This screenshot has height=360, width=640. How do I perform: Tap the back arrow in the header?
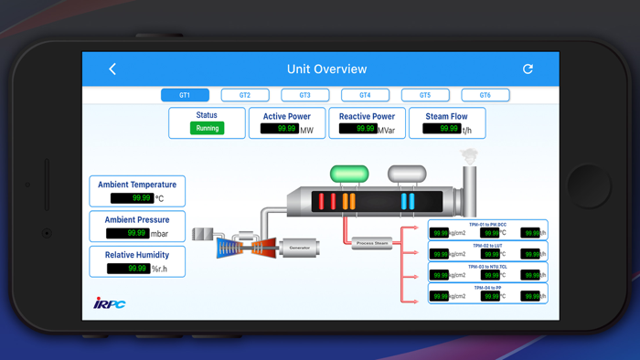pyautogui.click(x=112, y=69)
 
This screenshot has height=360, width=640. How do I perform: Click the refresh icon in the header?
pyautogui.click(x=528, y=69)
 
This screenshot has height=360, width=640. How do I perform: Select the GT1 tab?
pyautogui.click(x=185, y=95)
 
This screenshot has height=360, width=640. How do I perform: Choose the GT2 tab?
pyautogui.click(x=245, y=95)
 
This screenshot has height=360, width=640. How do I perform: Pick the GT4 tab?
pyautogui.click(x=365, y=95)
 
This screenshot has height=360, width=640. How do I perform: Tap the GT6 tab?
pyautogui.click(x=485, y=95)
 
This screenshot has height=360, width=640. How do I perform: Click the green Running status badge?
pyautogui.click(x=208, y=129)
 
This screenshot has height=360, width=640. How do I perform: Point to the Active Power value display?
pyautogui.click(x=279, y=130)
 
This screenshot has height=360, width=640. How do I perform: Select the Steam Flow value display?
pyautogui.click(x=441, y=130)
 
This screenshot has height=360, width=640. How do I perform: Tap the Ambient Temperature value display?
pyautogui.click(x=132, y=198)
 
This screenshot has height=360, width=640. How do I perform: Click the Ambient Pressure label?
pyautogui.click(x=137, y=220)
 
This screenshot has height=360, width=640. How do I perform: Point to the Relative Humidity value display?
pyautogui.click(x=128, y=269)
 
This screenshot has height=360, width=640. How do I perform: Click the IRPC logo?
pyautogui.click(x=110, y=303)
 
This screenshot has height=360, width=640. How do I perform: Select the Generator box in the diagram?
pyautogui.click(x=300, y=248)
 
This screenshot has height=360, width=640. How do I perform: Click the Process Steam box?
pyautogui.click(x=371, y=243)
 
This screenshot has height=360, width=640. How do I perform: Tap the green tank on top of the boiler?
pyautogui.click(x=349, y=174)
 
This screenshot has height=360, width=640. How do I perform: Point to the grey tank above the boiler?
pyautogui.click(x=407, y=174)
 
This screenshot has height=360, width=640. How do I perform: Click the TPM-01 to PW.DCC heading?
pyautogui.click(x=487, y=224)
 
